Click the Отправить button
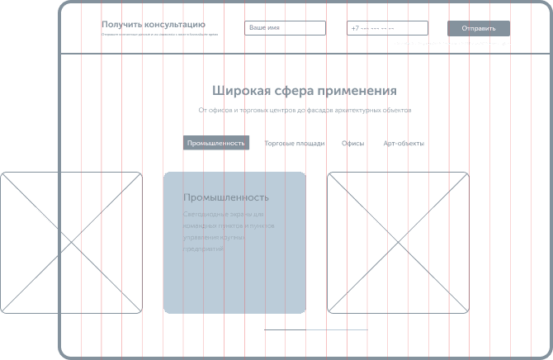point(479,28)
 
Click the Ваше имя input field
point(285,28)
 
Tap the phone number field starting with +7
point(387,28)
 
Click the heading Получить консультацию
point(154,25)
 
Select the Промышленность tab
point(216,143)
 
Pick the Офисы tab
point(352,143)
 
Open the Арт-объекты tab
point(404,143)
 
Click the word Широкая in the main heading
point(236,90)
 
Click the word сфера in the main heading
point(287,90)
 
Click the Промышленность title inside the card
point(226,197)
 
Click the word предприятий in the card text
point(203,248)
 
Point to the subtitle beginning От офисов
point(304,110)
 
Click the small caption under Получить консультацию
point(160,36)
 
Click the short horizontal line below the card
point(305,329)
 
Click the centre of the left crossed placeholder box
point(71,243)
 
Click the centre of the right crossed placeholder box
point(398,243)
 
